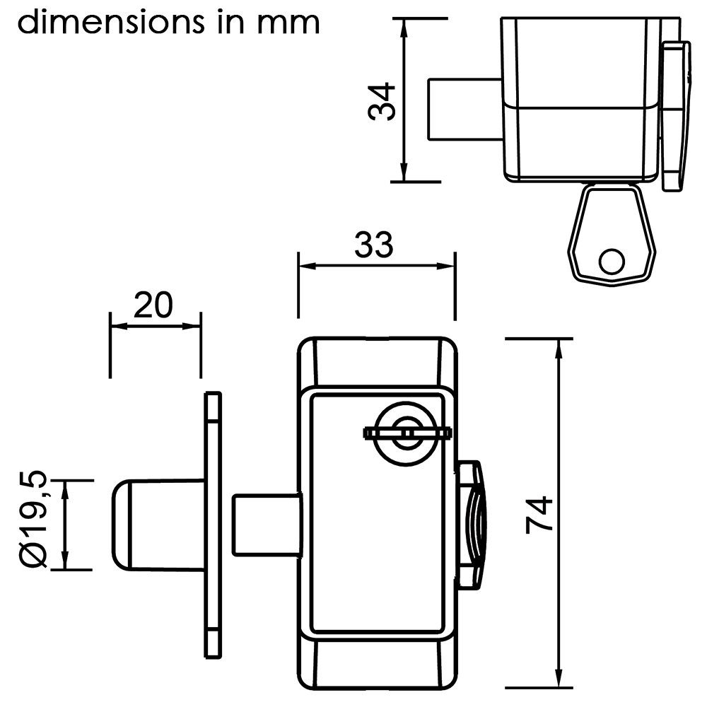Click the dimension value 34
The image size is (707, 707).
click(x=382, y=101)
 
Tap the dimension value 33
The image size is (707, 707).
click(x=374, y=245)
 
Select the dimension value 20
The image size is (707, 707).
click(x=153, y=305)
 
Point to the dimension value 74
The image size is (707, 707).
click(x=539, y=515)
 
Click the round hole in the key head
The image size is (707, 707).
click(x=612, y=262)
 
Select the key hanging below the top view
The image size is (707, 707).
click(x=612, y=234)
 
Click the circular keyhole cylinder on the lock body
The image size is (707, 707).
click(x=407, y=433)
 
